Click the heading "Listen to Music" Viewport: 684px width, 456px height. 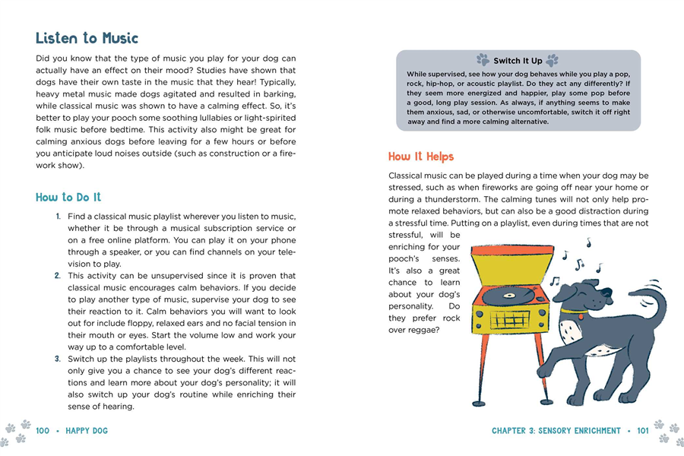(87, 38)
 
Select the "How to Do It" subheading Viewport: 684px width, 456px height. (68, 198)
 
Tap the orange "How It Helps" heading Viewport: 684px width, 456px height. (420, 157)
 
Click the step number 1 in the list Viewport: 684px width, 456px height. (58, 217)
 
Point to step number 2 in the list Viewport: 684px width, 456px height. (58, 276)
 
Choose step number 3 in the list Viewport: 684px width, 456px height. (58, 359)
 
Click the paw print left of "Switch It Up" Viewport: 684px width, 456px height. (483, 59)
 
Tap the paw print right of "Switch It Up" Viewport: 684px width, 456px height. (552, 59)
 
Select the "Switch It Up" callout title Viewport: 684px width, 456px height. (518, 61)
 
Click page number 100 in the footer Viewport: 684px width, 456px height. (42, 431)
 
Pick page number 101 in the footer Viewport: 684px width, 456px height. (642, 431)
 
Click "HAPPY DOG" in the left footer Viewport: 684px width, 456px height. (86, 431)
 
